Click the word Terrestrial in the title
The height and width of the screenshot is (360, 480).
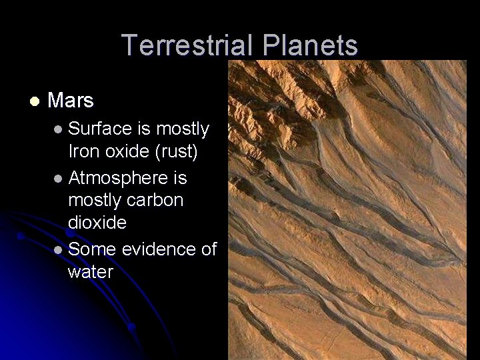click(x=189, y=46)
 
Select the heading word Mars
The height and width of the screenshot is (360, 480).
click(x=71, y=101)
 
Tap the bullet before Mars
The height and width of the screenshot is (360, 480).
click(x=33, y=101)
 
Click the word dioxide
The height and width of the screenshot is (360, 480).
click(x=97, y=222)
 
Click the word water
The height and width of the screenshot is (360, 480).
click(x=90, y=272)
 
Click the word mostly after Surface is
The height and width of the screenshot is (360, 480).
click(x=182, y=128)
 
